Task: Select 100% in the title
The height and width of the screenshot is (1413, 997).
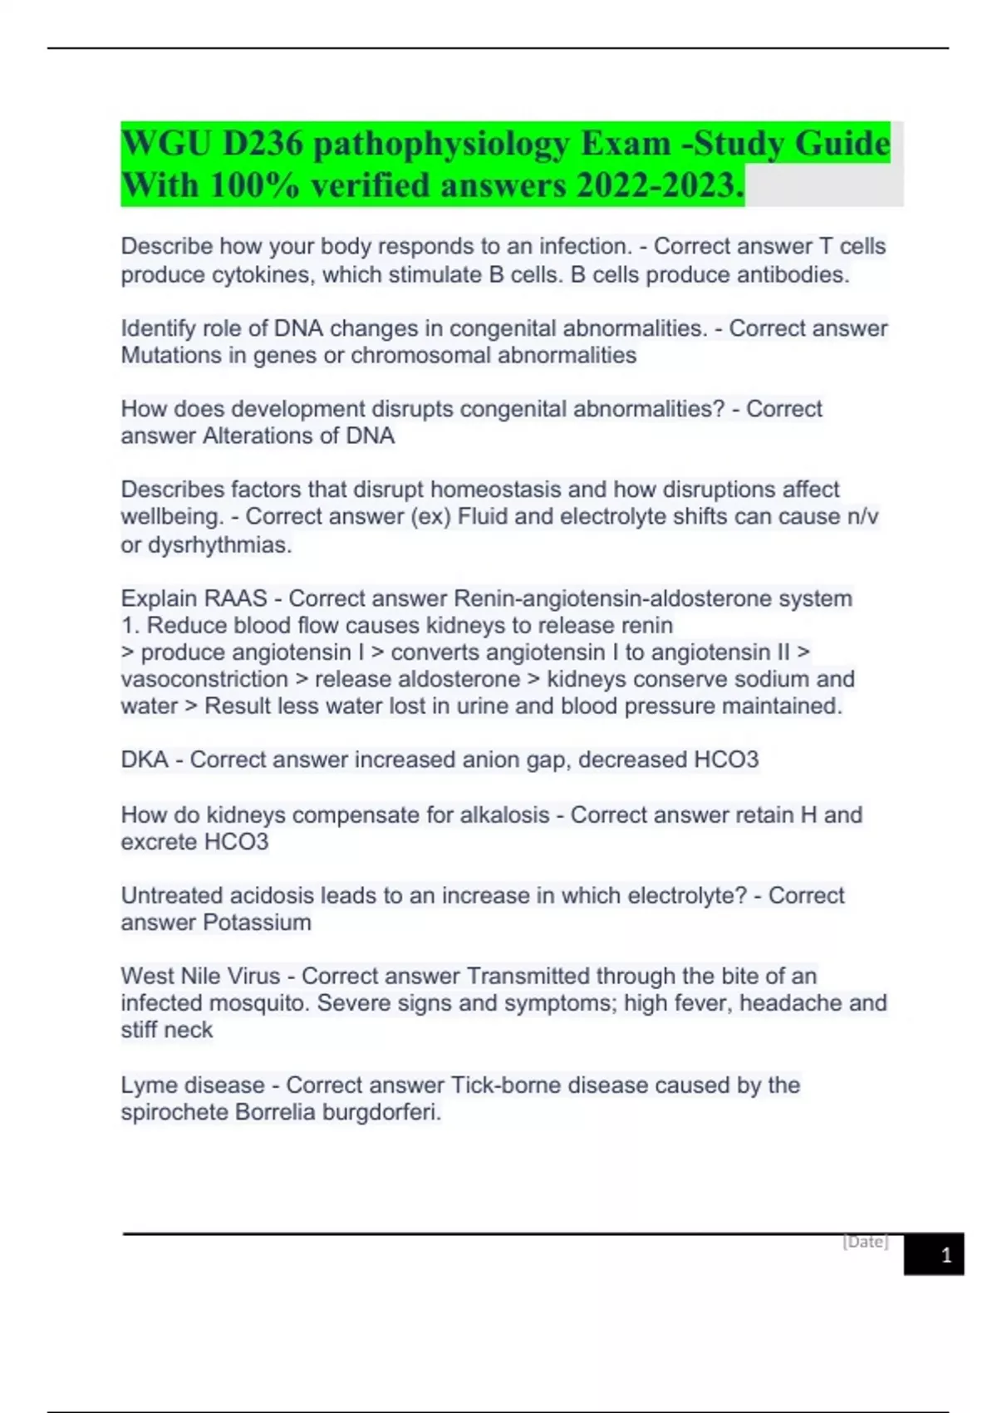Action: [x=254, y=185]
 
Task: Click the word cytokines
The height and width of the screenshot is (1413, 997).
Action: [x=263, y=274]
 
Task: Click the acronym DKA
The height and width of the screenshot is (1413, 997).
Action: [x=145, y=760]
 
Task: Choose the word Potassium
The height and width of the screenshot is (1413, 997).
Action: [x=258, y=923]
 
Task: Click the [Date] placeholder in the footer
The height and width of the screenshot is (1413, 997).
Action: [x=865, y=1242]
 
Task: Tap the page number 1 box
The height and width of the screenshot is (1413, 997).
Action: [x=945, y=1255]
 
